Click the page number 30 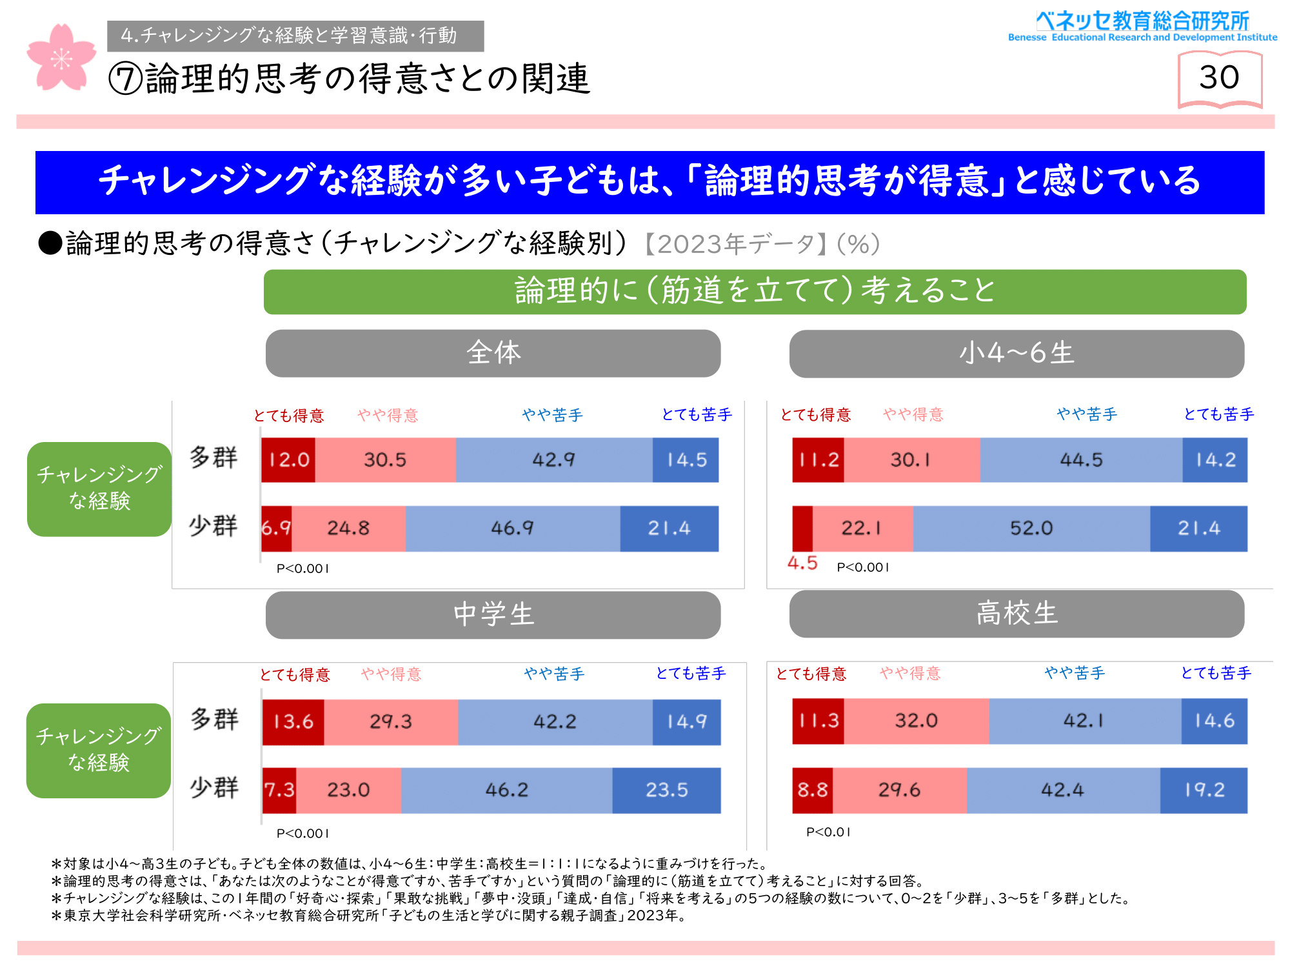1219,78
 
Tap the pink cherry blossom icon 61,57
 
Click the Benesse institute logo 1142,26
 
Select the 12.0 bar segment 288,460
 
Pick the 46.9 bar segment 513,529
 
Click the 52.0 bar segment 1031,529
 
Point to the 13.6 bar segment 293,721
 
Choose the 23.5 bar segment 666,790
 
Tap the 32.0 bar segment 916,721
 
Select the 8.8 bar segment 812,790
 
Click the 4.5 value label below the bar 802,563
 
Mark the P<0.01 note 828,832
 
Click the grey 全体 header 493,354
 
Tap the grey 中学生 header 493,615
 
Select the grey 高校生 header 1017,614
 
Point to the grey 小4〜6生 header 1017,354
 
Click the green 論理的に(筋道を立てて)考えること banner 755,292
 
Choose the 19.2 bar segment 1204,790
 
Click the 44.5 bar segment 1081,460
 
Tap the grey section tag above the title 295,36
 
